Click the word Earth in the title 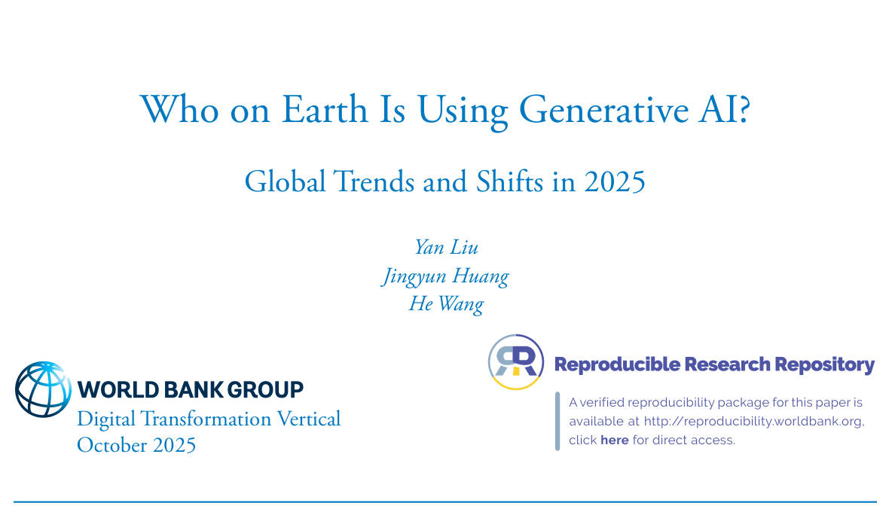click(x=325, y=109)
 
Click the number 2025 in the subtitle click(x=615, y=182)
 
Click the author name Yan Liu click(x=446, y=248)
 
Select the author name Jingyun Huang click(x=445, y=277)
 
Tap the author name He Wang click(x=446, y=304)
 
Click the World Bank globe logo click(x=44, y=389)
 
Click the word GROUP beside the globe click(x=265, y=390)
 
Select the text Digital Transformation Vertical click(x=209, y=419)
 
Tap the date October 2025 click(x=136, y=445)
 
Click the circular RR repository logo click(x=516, y=362)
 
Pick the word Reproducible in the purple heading click(x=617, y=364)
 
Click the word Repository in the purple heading click(x=824, y=364)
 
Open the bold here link click(x=614, y=440)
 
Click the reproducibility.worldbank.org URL click(x=753, y=421)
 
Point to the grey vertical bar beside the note click(x=557, y=421)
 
